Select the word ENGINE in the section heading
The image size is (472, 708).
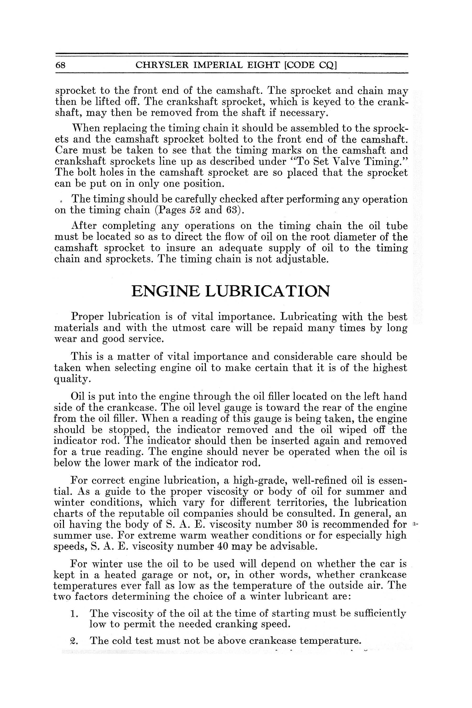(x=165, y=291)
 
